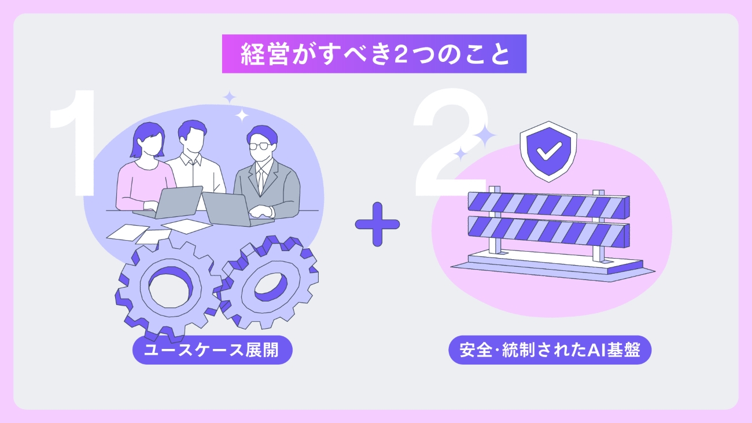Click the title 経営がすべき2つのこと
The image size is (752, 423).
pos(374,54)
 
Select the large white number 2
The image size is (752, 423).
pos(445,150)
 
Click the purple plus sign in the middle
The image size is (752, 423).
pos(377,224)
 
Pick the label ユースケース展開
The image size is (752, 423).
pos(212,351)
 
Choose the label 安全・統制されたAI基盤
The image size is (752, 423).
pos(550,351)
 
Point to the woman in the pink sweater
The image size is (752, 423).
pos(145,174)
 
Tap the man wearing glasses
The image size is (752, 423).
pos(266,174)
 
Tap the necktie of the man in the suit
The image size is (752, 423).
pos(260,179)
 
